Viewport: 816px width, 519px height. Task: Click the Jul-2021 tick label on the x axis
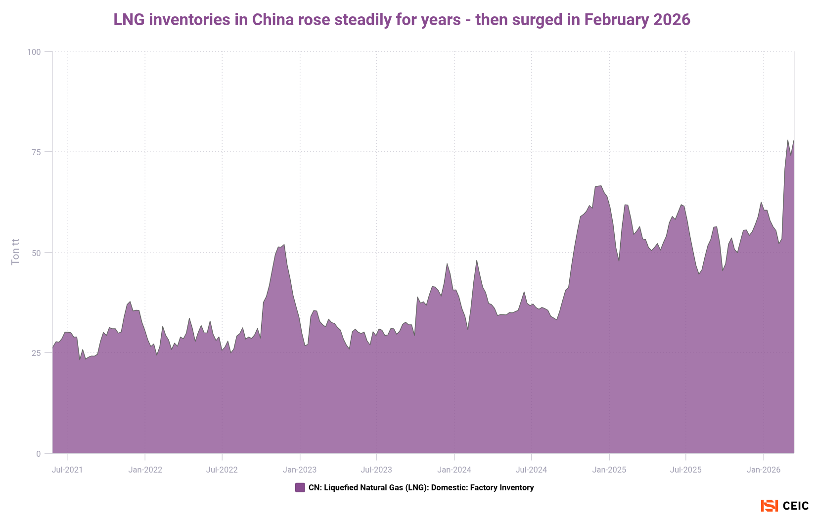pos(67,470)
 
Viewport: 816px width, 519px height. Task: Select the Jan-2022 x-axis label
pos(145,470)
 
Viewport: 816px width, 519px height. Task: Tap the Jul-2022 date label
pos(222,470)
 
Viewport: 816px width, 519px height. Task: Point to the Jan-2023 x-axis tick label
pos(300,470)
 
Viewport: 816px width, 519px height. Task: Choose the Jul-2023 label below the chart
pos(376,470)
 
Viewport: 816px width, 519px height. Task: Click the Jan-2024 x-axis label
pos(454,470)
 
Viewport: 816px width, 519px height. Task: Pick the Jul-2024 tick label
pos(531,470)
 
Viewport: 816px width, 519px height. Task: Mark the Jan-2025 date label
pos(609,470)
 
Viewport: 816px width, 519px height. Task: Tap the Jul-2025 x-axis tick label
pos(685,470)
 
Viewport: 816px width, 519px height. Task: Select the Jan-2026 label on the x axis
pos(764,470)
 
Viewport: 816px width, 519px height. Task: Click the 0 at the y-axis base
pos(38,454)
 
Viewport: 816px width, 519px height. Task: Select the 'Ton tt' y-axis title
pos(15,252)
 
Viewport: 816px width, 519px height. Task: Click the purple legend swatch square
pos(300,487)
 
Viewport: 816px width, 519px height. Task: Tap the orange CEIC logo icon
pos(769,506)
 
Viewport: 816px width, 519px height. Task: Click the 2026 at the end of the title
pos(672,20)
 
